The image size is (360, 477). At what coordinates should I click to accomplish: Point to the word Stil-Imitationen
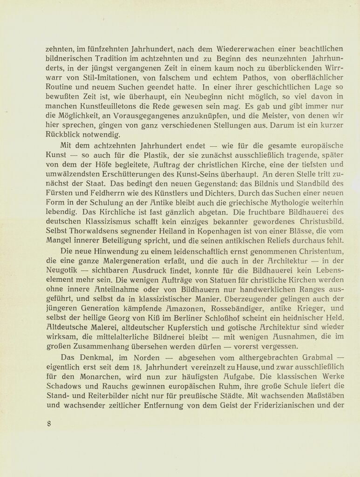(x=91, y=77)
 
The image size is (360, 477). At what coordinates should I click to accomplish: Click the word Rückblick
(x=63, y=135)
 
